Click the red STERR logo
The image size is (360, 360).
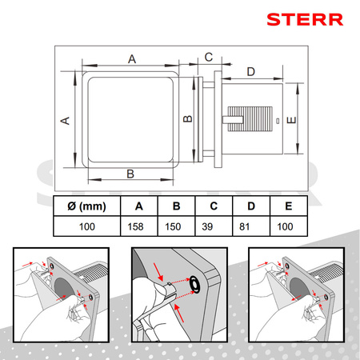305,19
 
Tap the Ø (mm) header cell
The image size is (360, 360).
86,206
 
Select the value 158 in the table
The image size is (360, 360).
135,226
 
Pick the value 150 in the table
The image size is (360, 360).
173,226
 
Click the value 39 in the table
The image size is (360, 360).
207,226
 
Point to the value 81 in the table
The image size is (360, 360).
244,226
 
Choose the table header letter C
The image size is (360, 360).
214,206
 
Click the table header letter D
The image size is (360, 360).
251,206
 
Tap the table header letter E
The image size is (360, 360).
289,206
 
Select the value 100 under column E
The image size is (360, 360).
285,226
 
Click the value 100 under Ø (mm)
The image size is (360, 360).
87,226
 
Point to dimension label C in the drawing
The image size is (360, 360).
209,57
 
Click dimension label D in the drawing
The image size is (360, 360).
251,71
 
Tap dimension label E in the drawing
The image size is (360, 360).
291,120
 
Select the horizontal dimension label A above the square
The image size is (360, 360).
132,59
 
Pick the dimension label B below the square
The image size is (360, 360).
130,174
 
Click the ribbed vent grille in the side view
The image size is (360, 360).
250,119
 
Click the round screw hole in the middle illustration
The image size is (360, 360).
195,284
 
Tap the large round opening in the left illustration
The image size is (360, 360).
63,290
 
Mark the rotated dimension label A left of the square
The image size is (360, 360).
65,121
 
